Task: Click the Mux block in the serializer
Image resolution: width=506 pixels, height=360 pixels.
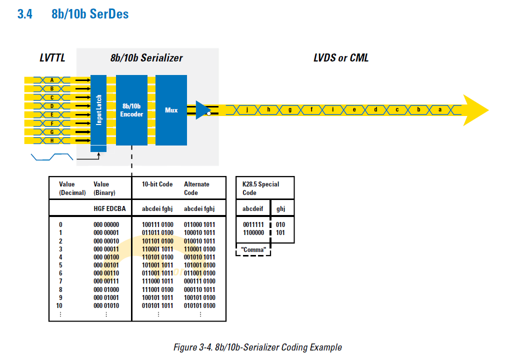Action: coord(171,110)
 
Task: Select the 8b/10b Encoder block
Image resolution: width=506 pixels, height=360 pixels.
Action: coord(131,110)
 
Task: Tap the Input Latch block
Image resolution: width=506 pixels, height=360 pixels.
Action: coord(98,110)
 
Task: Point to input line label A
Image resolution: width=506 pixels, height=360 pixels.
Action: coord(52,79)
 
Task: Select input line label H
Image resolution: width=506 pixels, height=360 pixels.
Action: coord(52,140)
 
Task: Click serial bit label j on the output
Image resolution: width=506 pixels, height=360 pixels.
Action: coord(247,109)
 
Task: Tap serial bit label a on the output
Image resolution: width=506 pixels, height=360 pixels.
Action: coord(440,109)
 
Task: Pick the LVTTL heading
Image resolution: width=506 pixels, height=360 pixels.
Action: coord(52,58)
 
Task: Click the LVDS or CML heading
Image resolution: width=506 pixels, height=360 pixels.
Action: coord(341,58)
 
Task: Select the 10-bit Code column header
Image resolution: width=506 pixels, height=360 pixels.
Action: coord(157,184)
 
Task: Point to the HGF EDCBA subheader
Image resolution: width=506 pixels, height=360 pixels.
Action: coord(109,209)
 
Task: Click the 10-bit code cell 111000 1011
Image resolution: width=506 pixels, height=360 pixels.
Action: coord(158,281)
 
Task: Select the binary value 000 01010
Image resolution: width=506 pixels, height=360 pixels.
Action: coord(106,305)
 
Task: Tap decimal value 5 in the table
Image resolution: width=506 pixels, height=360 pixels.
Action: coord(60,265)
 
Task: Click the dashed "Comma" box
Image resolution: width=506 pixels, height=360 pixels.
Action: coord(253,249)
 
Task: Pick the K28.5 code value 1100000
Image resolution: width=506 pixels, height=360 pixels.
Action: coord(253,232)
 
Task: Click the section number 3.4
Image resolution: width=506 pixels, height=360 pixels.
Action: coord(24,14)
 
